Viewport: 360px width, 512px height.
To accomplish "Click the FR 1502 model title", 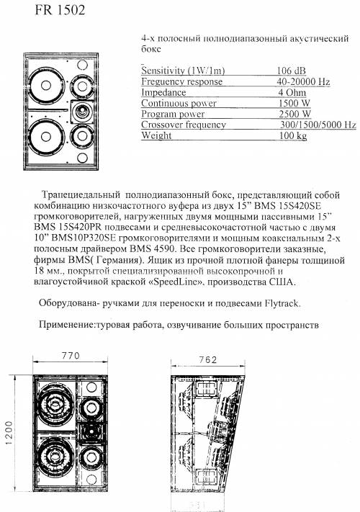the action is [60, 10].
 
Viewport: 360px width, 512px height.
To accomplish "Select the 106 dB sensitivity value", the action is [292, 71].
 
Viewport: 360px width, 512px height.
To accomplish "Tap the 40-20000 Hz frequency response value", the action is [303, 81].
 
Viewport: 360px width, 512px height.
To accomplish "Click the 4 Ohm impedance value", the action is [292, 92].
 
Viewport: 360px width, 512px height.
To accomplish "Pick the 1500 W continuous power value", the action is [294, 103].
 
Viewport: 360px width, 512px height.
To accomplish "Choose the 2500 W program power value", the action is [294, 114].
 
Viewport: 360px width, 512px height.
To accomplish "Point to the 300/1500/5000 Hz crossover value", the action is [318, 125].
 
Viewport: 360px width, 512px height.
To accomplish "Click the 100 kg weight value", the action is [293, 135].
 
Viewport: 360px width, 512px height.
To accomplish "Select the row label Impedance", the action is [163, 92].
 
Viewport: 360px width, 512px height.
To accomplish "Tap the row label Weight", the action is [156, 135].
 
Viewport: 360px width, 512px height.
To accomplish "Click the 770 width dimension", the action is [71, 356].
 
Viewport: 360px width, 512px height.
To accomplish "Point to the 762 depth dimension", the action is [207, 360].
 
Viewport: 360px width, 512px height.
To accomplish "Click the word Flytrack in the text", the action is [281, 303].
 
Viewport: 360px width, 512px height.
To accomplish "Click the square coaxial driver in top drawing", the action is [82, 112].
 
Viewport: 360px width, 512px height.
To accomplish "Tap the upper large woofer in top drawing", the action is [46, 86].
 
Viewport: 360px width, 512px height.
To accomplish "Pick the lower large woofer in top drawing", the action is [46, 136].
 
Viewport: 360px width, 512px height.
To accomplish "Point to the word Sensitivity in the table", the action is [163, 71].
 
